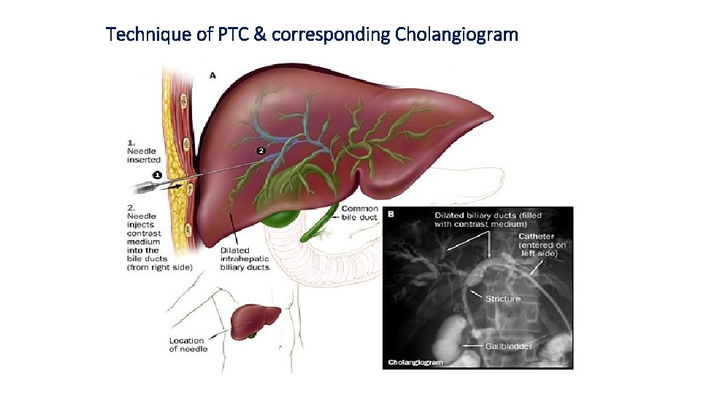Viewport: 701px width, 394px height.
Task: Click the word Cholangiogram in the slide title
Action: click(x=456, y=34)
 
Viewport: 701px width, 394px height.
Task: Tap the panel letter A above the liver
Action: click(x=212, y=75)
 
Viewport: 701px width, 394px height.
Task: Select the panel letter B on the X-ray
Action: click(x=391, y=215)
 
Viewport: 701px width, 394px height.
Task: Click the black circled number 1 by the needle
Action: click(x=156, y=174)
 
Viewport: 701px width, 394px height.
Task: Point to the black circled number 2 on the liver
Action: click(x=261, y=151)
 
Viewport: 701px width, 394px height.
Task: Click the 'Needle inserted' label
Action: click(x=142, y=151)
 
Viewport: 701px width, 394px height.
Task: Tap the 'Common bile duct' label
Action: click(x=360, y=213)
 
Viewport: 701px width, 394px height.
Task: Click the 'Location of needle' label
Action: click(x=188, y=344)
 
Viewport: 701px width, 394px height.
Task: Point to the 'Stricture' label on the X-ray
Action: click(x=503, y=298)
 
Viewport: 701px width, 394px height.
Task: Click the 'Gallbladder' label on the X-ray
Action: click(x=509, y=346)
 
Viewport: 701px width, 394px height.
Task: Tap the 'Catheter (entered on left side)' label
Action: click(x=542, y=244)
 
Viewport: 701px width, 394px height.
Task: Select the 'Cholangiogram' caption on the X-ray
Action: click(x=414, y=362)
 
